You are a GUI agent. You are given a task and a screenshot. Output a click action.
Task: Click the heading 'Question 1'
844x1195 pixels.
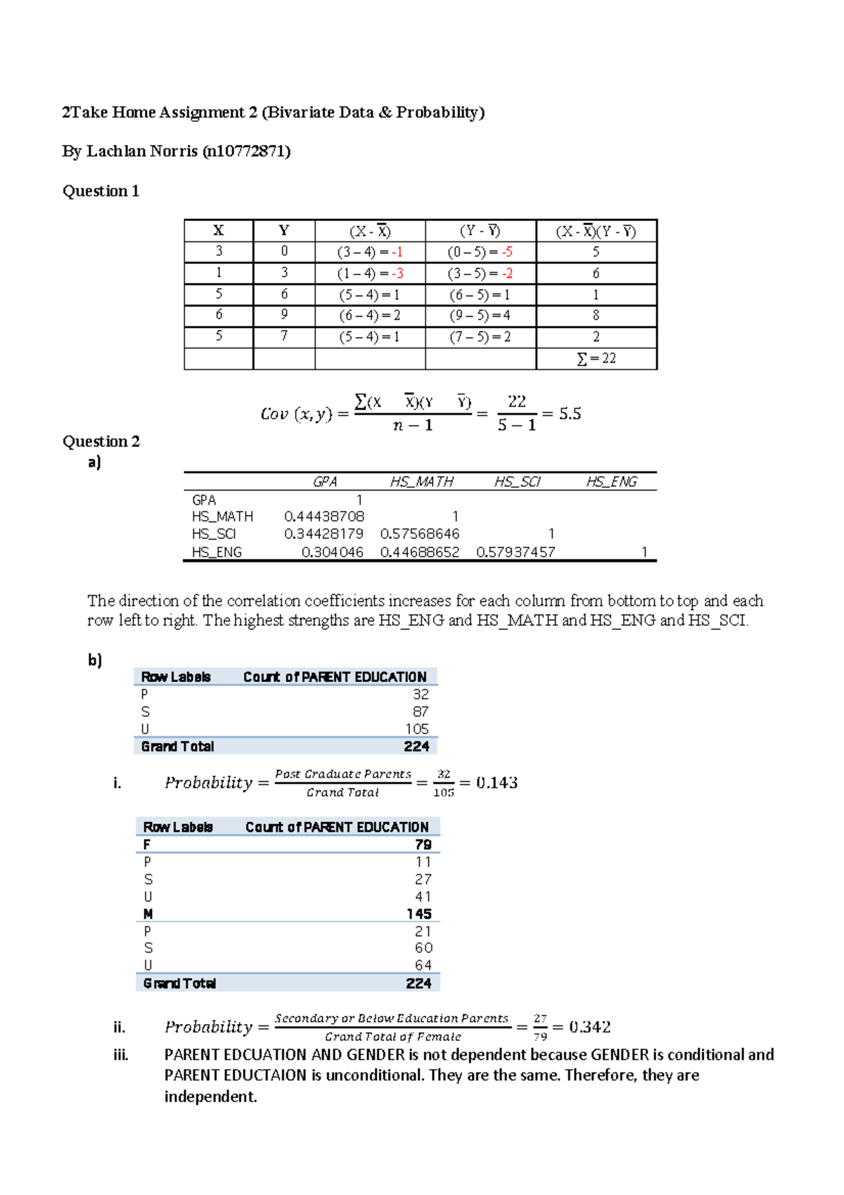tap(101, 191)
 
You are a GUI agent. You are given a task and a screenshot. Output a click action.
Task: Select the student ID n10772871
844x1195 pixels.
tap(246, 151)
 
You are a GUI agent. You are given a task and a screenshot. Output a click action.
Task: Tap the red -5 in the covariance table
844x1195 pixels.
tap(507, 252)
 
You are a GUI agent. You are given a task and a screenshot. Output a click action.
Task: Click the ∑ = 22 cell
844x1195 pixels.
tap(596, 359)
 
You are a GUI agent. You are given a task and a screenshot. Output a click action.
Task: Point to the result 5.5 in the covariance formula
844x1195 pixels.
tap(570, 414)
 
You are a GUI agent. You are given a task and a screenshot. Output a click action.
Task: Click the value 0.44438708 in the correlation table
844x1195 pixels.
tap(324, 517)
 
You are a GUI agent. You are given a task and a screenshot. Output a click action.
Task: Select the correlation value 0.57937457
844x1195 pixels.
tap(516, 552)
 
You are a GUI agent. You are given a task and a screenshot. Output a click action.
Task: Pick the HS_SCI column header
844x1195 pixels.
tap(517, 481)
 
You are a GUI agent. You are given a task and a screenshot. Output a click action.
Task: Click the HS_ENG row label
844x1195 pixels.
tap(217, 552)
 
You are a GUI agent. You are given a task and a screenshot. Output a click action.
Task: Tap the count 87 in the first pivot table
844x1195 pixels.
tap(421, 712)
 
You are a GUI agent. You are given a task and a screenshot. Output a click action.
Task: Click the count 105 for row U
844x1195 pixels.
tap(417, 729)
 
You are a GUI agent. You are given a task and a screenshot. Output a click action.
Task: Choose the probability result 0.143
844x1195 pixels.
tap(497, 783)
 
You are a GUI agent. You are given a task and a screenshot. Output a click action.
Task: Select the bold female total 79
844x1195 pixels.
tap(423, 845)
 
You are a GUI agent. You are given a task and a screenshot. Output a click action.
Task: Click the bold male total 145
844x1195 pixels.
tap(419, 913)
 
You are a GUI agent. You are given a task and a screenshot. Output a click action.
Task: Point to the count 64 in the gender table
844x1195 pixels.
tap(423, 966)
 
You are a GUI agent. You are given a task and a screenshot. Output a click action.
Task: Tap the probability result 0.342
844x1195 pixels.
tap(589, 1027)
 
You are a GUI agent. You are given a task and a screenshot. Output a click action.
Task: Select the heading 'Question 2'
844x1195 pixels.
tap(101, 441)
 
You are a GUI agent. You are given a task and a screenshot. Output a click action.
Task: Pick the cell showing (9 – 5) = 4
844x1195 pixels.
tap(480, 315)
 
